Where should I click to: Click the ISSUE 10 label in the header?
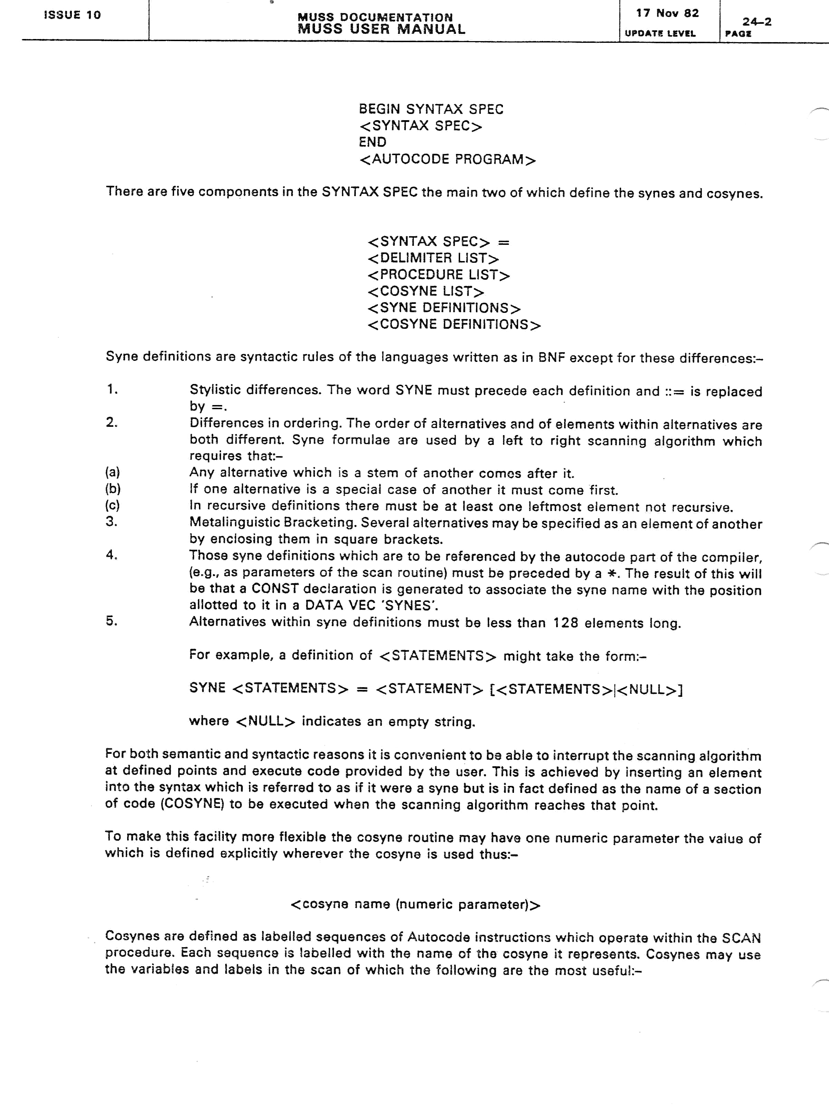click(x=73, y=15)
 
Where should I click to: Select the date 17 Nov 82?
click(x=667, y=13)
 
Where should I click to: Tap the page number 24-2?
click(x=756, y=21)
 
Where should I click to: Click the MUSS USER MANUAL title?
click(x=381, y=29)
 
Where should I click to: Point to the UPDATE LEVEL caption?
click(x=660, y=33)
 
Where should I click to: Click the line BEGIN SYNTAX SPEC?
click(x=431, y=109)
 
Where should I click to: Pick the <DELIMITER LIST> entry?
click(x=433, y=258)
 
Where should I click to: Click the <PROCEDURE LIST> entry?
click(x=438, y=275)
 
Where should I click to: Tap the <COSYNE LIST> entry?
click(x=426, y=291)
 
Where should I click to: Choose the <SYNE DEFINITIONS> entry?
click(x=444, y=308)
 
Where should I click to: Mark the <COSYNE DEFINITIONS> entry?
click(x=454, y=325)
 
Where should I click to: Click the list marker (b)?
click(x=113, y=489)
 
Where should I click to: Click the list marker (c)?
click(x=112, y=505)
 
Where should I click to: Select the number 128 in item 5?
click(x=566, y=623)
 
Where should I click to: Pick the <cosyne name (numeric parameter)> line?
click(x=415, y=905)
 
